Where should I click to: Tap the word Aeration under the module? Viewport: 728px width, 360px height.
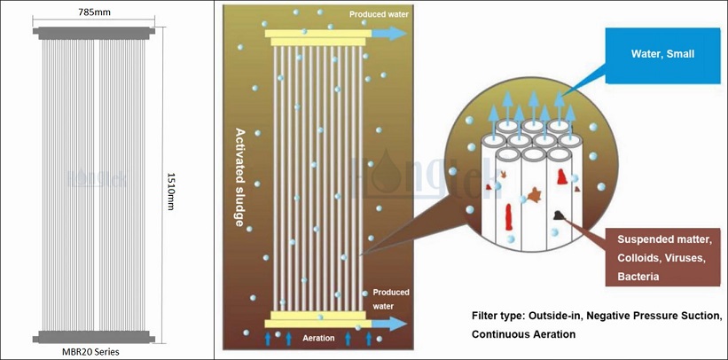[317, 339]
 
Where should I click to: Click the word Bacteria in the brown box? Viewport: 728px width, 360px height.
[638, 278]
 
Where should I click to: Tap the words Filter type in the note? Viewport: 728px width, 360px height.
[500, 316]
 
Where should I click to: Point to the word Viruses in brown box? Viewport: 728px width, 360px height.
[679, 258]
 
